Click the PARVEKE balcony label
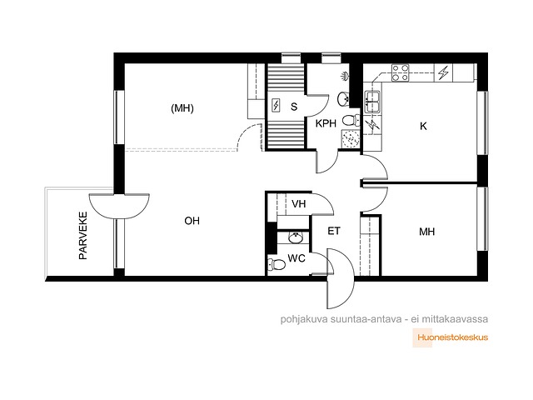click(83, 236)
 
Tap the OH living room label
click(192, 221)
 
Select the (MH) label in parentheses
click(182, 108)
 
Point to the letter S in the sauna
click(294, 107)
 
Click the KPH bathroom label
click(326, 123)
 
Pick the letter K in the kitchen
click(423, 126)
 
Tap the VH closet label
click(298, 203)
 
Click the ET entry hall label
click(333, 232)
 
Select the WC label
click(296, 258)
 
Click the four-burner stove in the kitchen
click(400, 73)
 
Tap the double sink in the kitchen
click(373, 102)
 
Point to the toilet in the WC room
click(276, 264)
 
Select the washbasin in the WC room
click(296, 237)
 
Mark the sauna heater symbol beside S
click(276, 106)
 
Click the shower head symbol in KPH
click(344, 76)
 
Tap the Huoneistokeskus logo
click(451, 337)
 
